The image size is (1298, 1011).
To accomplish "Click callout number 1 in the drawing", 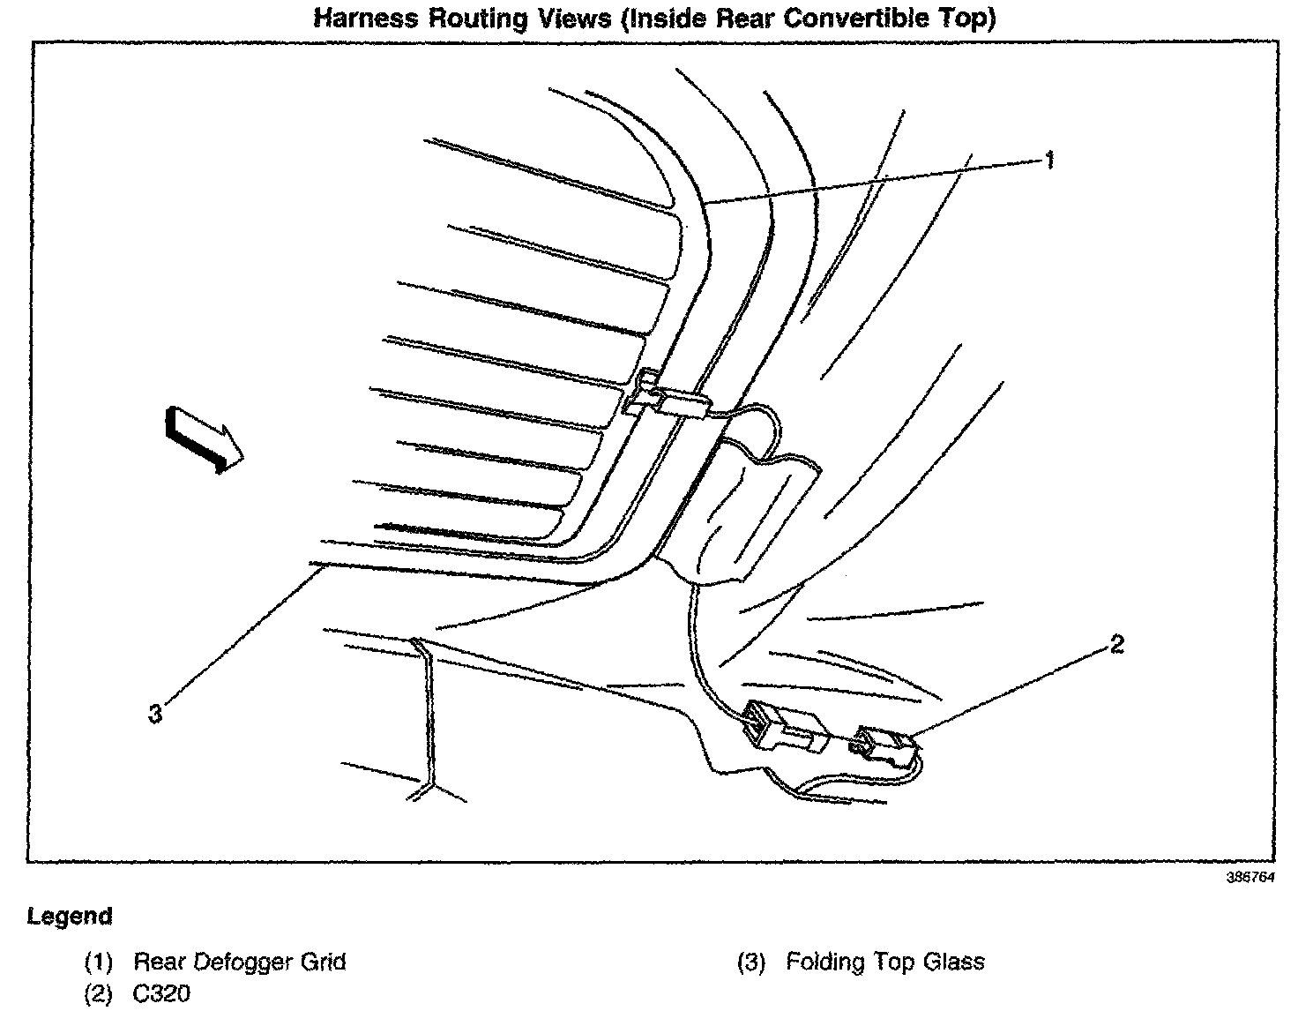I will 1048,160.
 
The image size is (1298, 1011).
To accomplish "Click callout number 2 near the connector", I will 1116,645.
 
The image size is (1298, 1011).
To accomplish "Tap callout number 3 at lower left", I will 155,714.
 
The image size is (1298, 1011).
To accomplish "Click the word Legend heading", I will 70,917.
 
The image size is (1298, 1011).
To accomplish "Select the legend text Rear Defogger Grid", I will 240,962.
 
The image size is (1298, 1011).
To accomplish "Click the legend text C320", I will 161,994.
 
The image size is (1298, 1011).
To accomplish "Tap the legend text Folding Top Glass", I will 885,962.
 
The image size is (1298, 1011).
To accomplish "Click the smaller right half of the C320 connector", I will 885,747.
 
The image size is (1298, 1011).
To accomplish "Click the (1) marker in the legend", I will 99,962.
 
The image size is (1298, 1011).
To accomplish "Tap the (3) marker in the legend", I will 751,962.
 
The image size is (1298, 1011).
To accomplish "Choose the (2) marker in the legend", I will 99,994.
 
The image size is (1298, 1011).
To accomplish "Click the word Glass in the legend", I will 954,962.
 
